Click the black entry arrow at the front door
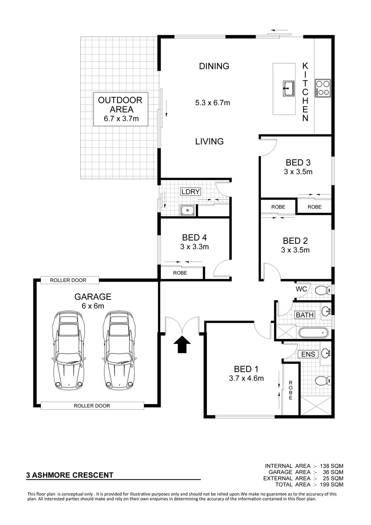pyautogui.click(x=182, y=344)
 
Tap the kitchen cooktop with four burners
pyautogui.click(x=322, y=88)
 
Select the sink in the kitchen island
pyautogui.click(x=288, y=88)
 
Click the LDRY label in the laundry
pyautogui.click(x=190, y=191)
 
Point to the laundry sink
pyautogui.click(x=188, y=210)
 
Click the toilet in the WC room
pyautogui.click(x=323, y=291)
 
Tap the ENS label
pyautogui.click(x=308, y=354)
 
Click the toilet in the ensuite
pyautogui.click(x=323, y=381)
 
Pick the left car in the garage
pyautogui.click(x=68, y=351)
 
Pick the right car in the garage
pyautogui.click(x=119, y=351)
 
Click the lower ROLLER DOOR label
pyautogui.click(x=92, y=406)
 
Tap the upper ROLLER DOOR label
pyautogui.click(x=68, y=280)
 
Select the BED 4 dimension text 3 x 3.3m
pyautogui.click(x=195, y=247)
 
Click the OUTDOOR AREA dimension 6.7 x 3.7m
pyautogui.click(x=121, y=119)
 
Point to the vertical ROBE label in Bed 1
pyautogui.click(x=291, y=390)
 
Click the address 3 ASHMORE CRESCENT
pyautogui.click(x=70, y=475)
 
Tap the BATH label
pyautogui.click(x=305, y=315)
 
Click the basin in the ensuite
pyautogui.click(x=326, y=353)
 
